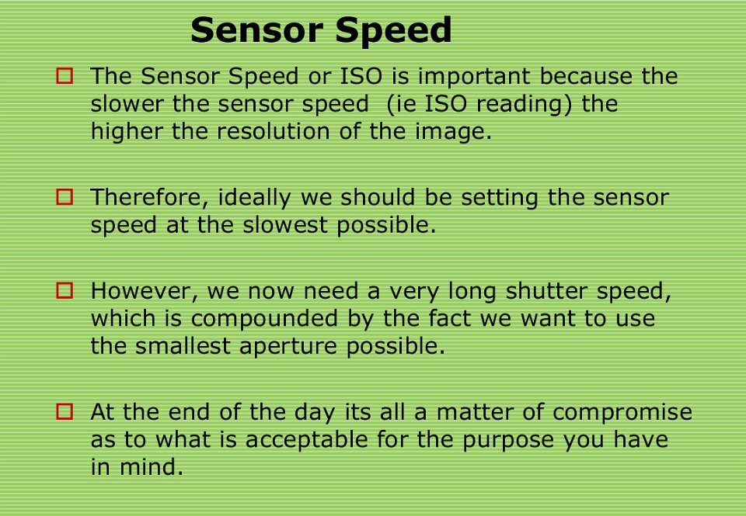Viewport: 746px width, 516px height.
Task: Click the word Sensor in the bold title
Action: point(257,29)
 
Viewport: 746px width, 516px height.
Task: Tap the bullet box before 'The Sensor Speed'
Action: point(64,76)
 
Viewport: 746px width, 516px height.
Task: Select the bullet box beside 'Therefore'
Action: point(64,197)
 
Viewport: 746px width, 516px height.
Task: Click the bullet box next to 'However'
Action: point(64,290)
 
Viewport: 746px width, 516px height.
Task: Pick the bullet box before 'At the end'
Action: point(64,411)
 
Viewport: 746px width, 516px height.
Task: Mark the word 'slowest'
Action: point(285,225)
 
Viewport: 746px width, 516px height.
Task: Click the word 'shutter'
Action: point(546,290)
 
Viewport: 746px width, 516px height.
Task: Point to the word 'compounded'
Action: point(264,318)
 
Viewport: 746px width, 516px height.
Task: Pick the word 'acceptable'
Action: point(306,439)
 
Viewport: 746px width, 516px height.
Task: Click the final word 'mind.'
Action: point(152,466)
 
